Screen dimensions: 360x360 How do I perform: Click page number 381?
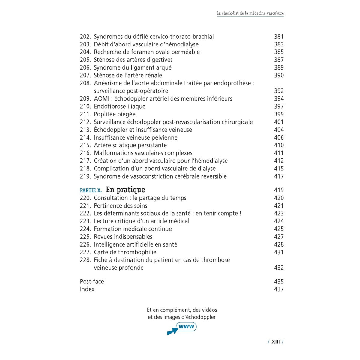(279, 37)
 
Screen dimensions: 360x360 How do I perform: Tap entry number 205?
(85, 60)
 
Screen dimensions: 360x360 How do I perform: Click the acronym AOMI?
(102, 98)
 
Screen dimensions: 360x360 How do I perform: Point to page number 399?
(279, 114)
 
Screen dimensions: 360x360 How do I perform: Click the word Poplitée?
(106, 114)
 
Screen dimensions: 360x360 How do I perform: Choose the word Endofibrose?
(109, 106)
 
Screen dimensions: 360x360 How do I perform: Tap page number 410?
(279, 145)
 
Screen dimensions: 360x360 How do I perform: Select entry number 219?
(85, 176)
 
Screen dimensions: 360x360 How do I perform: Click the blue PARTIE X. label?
(91, 190)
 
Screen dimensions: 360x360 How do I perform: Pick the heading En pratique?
(125, 190)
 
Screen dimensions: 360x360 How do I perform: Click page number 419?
(279, 190)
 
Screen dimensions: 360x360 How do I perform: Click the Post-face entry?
(92, 281)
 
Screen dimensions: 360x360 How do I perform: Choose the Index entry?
(87, 289)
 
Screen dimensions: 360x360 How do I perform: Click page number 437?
(279, 289)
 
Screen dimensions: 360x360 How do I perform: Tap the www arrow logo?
(182, 328)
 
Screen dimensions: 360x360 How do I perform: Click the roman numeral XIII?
(275, 342)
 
